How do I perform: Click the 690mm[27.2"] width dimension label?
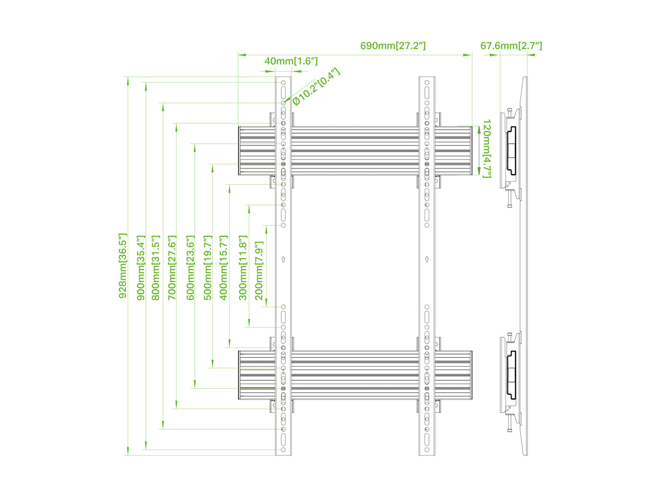click(393, 46)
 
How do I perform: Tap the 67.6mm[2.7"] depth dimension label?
click(511, 46)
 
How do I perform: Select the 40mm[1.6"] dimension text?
click(291, 61)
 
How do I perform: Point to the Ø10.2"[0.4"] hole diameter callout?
click(316, 86)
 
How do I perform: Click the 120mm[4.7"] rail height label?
click(487, 149)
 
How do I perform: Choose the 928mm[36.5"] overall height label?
click(123, 266)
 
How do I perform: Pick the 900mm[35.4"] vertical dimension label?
click(141, 268)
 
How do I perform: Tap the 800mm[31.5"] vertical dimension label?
click(156, 268)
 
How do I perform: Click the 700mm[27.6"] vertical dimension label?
click(172, 268)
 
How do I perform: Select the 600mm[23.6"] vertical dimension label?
click(190, 268)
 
